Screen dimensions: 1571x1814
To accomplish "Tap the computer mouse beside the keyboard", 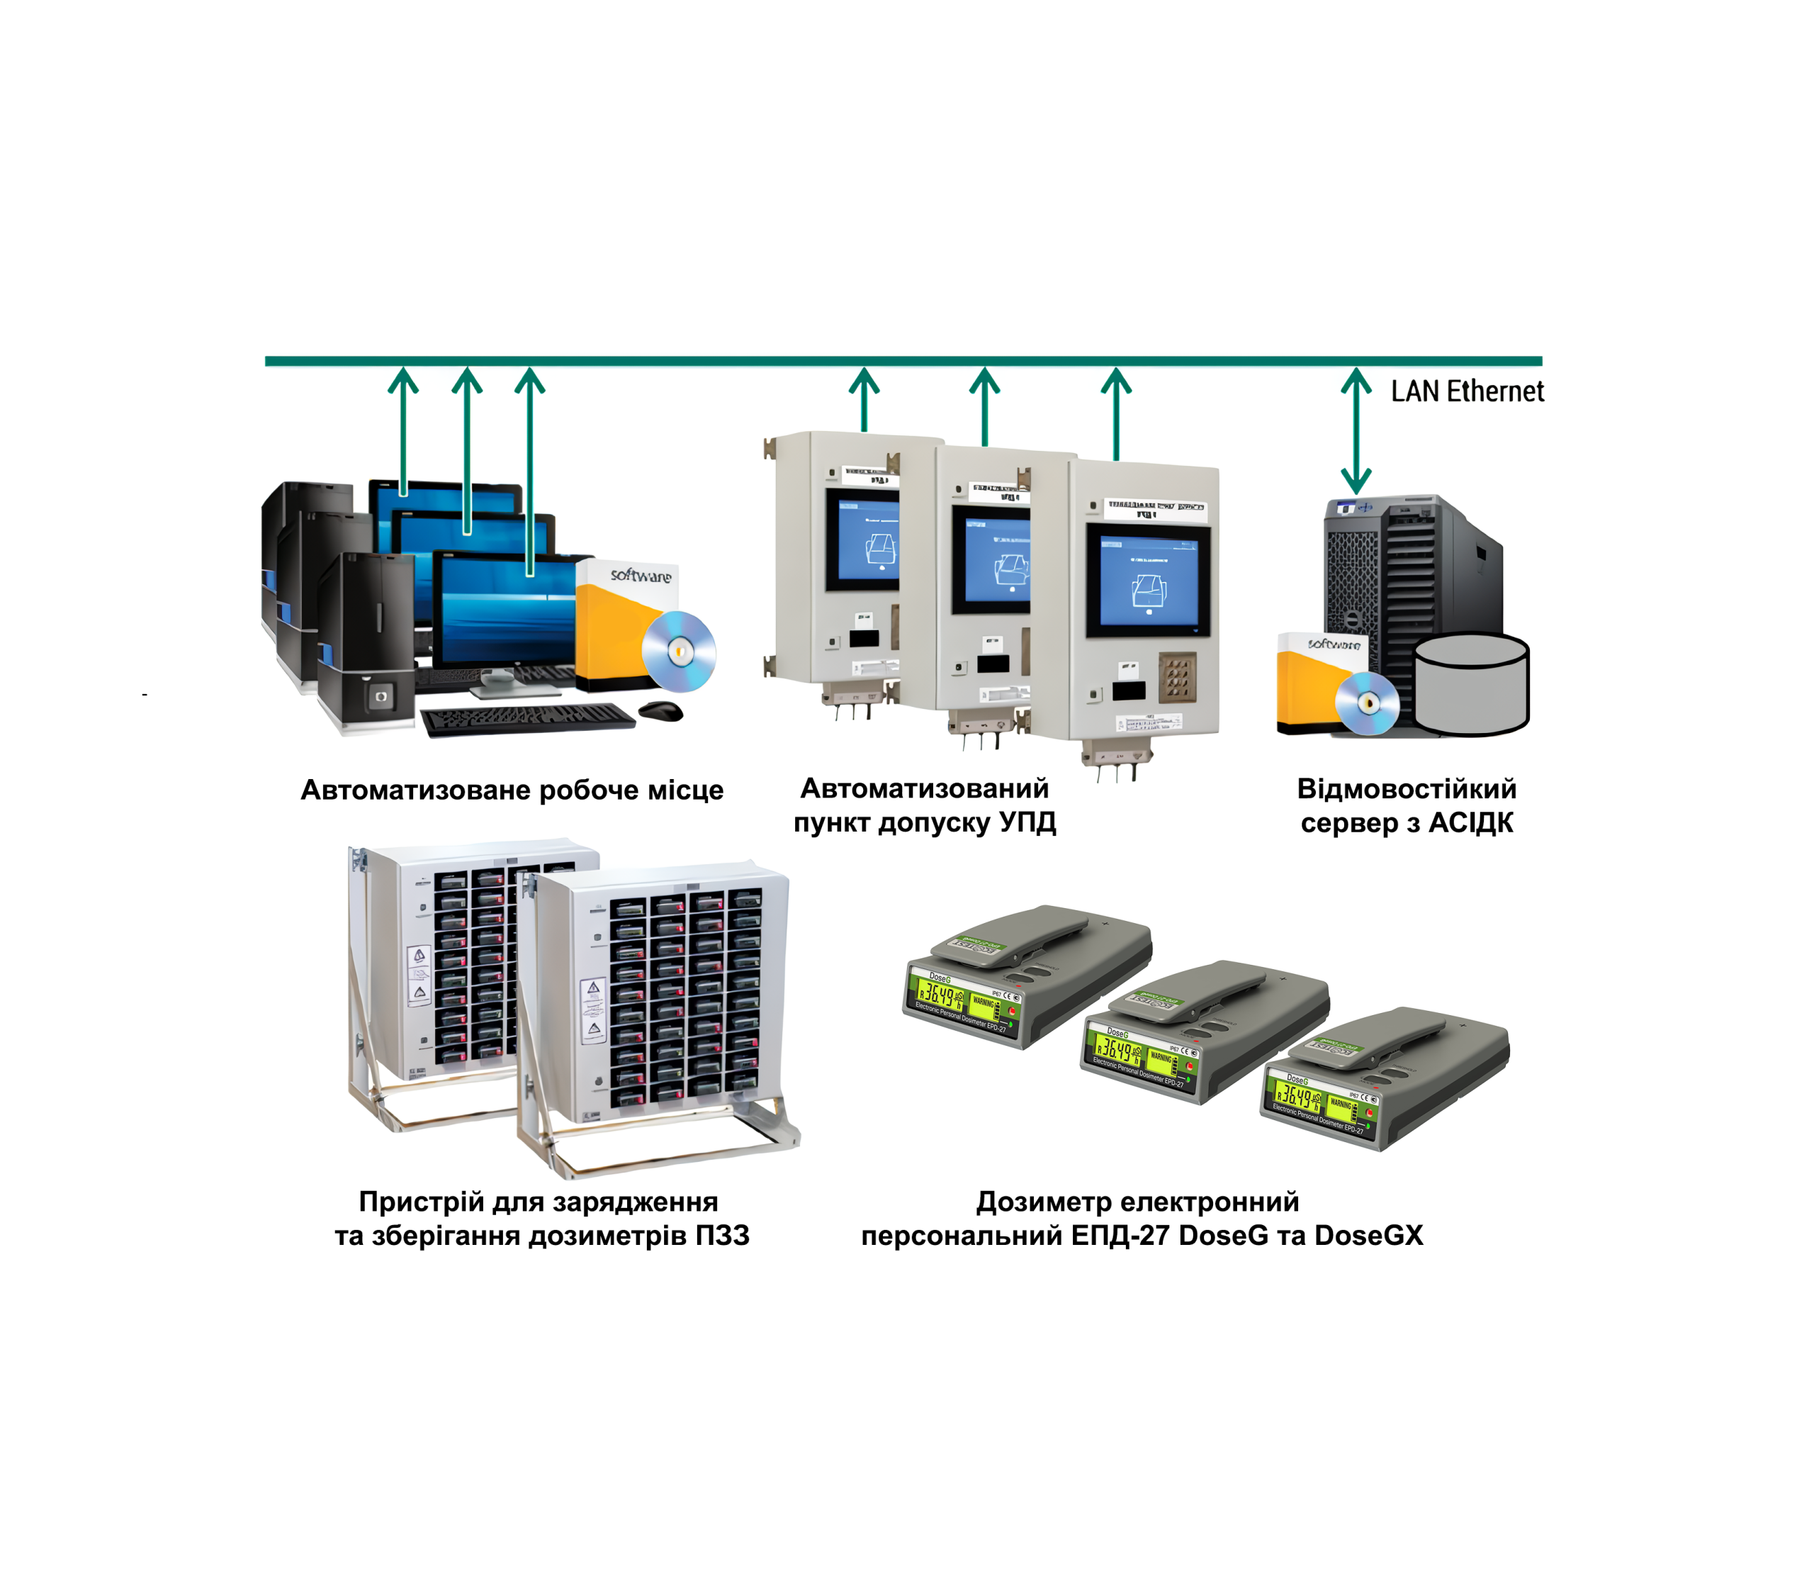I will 660,710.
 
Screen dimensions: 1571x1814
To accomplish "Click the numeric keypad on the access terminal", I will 1177,676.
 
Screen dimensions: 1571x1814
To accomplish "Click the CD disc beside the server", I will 1366,703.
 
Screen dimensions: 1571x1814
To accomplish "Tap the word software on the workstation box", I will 641,575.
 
